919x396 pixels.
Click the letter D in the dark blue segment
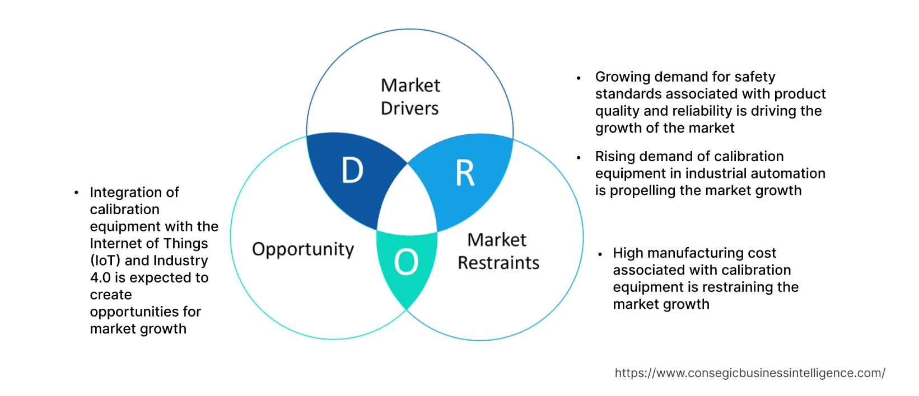point(352,170)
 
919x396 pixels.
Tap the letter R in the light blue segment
point(465,173)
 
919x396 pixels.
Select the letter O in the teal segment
point(406,262)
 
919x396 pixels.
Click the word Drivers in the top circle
point(409,109)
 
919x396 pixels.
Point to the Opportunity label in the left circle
point(303,249)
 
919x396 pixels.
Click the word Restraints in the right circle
point(498,263)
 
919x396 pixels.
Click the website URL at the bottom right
point(749,373)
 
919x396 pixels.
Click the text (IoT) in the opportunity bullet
point(105,261)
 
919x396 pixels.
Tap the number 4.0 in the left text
point(100,278)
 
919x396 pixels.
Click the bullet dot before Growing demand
point(579,78)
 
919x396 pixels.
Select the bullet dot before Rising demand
point(579,157)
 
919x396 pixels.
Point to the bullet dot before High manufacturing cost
point(600,254)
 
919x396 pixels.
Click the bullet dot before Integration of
point(76,193)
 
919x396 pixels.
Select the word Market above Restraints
point(496,240)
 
